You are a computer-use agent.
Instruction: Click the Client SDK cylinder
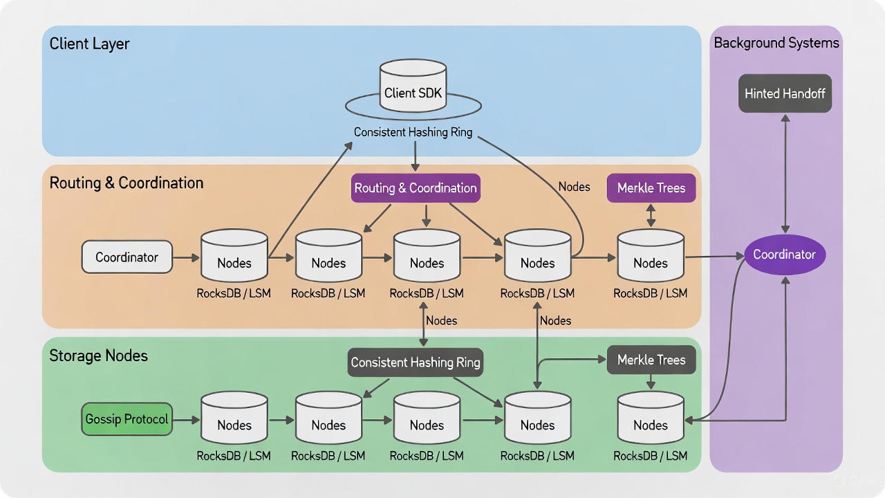[413, 86]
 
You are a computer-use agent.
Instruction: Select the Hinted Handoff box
[785, 93]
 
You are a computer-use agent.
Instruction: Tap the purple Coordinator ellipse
[784, 255]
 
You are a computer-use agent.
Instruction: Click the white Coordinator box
[127, 257]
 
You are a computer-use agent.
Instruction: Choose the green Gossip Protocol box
[127, 420]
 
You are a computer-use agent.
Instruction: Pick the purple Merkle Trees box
[651, 188]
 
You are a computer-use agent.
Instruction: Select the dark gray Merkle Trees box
[651, 360]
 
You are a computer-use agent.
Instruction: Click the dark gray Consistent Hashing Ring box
[415, 362]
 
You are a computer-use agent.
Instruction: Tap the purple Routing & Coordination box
[415, 188]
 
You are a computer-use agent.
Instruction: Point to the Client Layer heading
[89, 44]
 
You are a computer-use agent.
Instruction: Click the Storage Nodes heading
[98, 356]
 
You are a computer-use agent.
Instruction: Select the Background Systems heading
[776, 43]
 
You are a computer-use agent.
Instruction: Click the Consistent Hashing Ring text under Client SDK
[413, 132]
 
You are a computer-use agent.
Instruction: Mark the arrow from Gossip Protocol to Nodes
[186, 420]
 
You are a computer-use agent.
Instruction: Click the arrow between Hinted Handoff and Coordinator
[785, 173]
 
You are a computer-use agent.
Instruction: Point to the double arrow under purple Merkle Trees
[651, 215]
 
